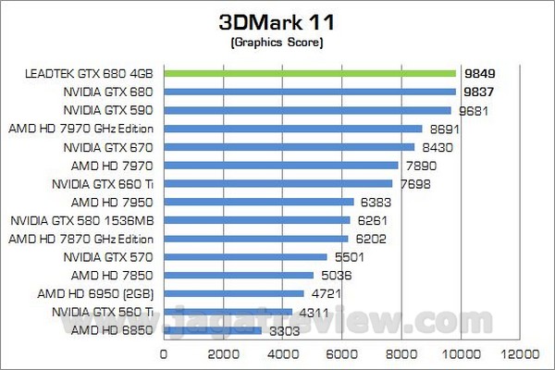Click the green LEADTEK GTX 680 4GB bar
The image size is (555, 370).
coord(310,73)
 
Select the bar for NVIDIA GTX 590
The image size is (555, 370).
coord(307,110)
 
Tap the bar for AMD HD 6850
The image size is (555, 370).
coord(213,329)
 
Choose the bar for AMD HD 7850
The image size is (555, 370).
coord(239,274)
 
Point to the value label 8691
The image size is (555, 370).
coord(445,129)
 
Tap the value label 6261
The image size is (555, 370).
coord(373,220)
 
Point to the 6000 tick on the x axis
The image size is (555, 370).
coord(341,353)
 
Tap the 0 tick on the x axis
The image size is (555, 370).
coord(165,353)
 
